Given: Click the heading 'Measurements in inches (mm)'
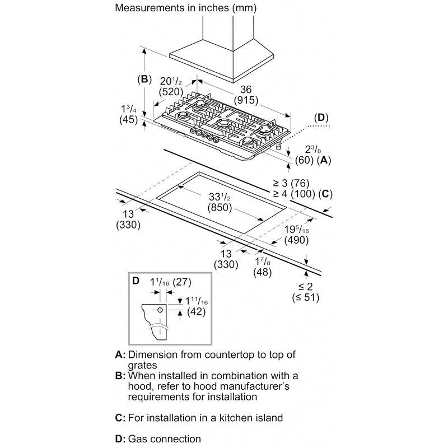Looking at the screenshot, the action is coord(186,8).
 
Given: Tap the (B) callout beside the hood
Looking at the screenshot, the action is coord(144,79).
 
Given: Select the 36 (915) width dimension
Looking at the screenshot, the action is coord(246,95).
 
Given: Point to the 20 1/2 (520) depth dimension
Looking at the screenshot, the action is coord(171,86).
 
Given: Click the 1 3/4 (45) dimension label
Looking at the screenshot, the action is coord(129,114).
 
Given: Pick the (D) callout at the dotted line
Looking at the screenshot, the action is coord(321,118).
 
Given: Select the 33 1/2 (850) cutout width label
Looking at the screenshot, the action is coord(220,202).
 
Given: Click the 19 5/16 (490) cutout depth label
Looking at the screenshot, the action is coord(297,235).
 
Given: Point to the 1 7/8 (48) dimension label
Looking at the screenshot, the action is coord(262,267).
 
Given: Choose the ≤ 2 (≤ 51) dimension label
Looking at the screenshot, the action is coord(305,292).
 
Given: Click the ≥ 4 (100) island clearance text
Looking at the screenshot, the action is coord(294,194).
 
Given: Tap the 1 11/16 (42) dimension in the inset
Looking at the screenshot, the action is coord(197,306).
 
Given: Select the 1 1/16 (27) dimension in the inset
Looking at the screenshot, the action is coord(171,282).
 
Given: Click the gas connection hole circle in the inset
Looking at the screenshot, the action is coord(160,310).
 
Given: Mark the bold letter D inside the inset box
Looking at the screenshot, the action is coord(136,281).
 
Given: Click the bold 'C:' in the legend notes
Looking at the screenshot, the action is coord(120,418).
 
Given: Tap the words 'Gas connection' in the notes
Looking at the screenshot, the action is coord(165,438).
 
